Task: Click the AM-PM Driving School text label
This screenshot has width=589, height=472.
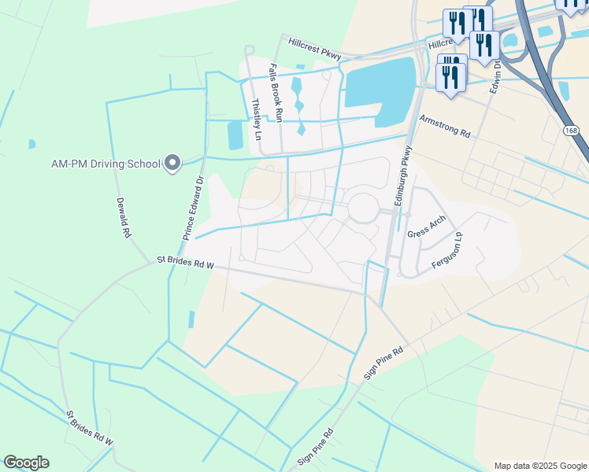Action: click(106, 164)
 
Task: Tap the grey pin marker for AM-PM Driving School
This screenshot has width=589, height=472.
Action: click(172, 164)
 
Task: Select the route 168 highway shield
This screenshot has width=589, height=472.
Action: click(572, 130)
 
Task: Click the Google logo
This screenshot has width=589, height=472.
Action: click(26, 463)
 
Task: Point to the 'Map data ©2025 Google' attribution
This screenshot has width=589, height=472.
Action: click(540, 466)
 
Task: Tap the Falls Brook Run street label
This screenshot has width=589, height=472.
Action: click(276, 93)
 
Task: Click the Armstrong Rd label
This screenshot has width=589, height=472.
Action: click(445, 127)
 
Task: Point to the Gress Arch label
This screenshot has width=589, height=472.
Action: click(426, 227)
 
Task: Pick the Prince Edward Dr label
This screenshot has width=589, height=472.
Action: click(193, 208)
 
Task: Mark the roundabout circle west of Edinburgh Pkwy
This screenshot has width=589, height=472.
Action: click(363, 208)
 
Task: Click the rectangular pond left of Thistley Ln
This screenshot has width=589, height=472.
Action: click(235, 135)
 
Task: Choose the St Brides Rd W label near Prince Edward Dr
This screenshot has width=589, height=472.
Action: click(185, 262)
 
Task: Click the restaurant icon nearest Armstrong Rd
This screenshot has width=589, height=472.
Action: click(450, 78)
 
